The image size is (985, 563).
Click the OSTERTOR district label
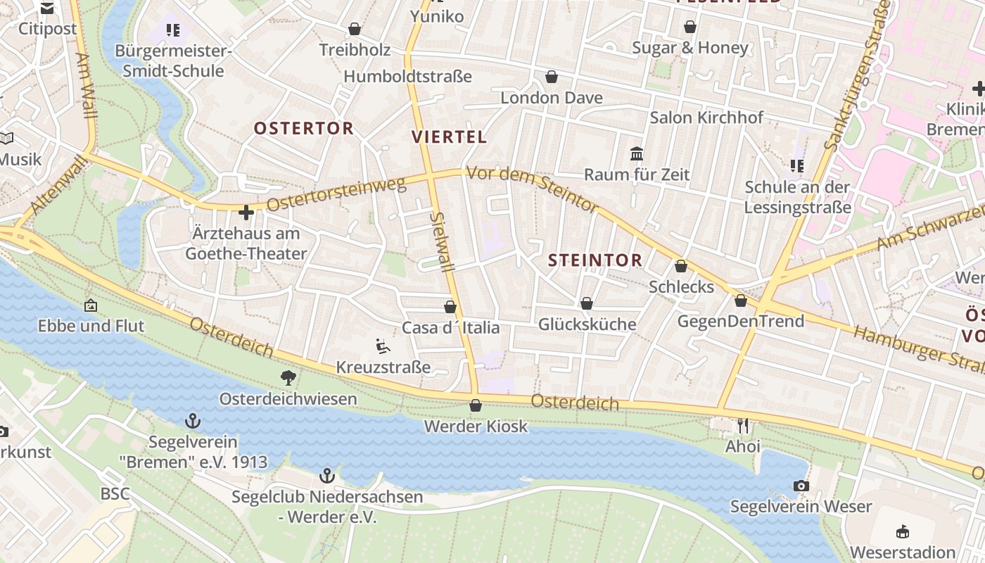pos(303,128)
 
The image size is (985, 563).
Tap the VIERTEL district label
pos(449,137)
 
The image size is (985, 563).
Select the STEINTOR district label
pos(595,260)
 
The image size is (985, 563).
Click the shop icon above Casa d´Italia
pos(450,308)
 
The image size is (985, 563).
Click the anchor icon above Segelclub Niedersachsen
pos(327,476)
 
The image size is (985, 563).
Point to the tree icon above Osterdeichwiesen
pos(288,378)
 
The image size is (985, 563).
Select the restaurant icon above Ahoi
pos(743,426)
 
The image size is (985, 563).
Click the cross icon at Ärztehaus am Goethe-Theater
pos(246,212)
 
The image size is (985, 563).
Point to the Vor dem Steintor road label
pos(533,188)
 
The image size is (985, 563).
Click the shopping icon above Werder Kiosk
pos(476,406)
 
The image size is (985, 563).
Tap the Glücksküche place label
pos(587,324)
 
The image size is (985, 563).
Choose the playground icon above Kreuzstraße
pos(383,346)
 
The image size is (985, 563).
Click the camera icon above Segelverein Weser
pos(801,486)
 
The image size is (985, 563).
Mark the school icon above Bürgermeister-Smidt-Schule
pos(173,30)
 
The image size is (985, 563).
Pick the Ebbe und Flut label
pos(91,326)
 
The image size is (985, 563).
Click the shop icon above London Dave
pos(552,77)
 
